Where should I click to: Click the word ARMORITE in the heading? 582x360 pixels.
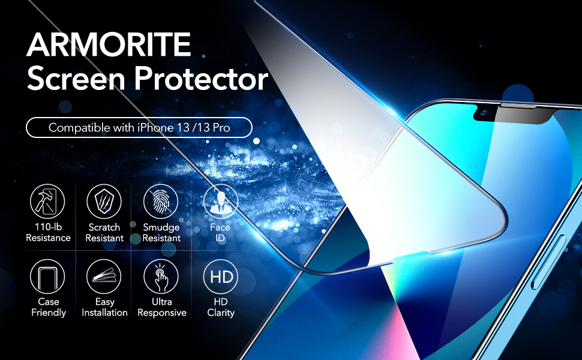109,44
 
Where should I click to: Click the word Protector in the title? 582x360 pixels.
201,79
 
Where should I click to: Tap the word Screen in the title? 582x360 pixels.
76,79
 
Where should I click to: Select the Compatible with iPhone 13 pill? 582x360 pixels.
139,128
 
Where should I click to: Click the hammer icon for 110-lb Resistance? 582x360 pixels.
47,202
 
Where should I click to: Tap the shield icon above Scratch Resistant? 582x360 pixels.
104,202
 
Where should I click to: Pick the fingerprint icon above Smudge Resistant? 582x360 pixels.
161,202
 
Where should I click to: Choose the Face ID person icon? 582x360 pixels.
220,202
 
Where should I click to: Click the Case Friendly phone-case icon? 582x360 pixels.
47,277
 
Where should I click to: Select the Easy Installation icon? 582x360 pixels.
104,277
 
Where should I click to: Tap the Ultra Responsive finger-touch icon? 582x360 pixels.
161,277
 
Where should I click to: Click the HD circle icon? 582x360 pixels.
220,277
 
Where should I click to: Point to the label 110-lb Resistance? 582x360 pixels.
48,232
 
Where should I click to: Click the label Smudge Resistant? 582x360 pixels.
161,232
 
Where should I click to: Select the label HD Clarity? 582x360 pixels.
221,307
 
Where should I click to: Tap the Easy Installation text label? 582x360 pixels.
104,307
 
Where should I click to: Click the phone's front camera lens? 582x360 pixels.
484,112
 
